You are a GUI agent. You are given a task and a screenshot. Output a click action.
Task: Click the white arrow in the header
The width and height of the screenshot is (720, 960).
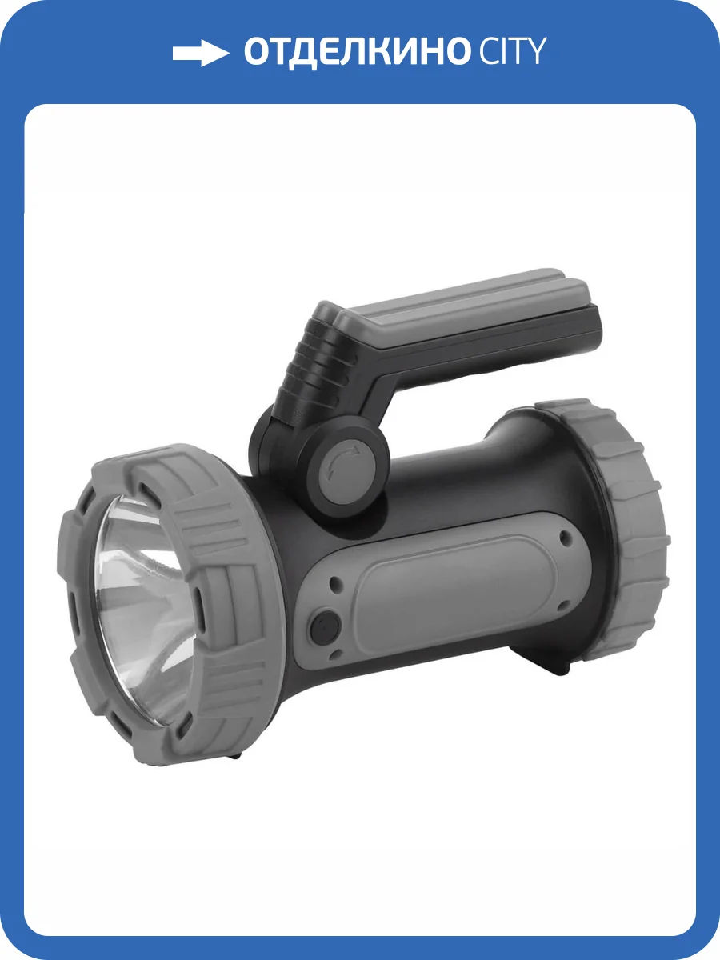[200, 53]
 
